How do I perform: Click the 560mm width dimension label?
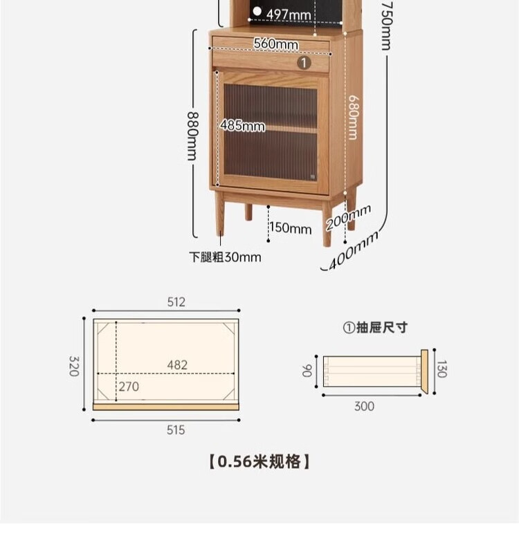275,44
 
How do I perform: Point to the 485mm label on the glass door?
242,125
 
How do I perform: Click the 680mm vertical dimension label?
353,117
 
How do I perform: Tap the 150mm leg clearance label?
291,228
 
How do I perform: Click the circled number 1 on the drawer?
304,62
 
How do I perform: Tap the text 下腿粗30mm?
225,257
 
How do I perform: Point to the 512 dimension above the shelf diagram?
176,302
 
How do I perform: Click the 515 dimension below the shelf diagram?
176,430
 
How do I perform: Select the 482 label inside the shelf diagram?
177,364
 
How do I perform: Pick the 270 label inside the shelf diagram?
129,387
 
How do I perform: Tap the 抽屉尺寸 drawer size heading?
376,328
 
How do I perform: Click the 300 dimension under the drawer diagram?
364,406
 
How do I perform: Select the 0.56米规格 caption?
259,461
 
